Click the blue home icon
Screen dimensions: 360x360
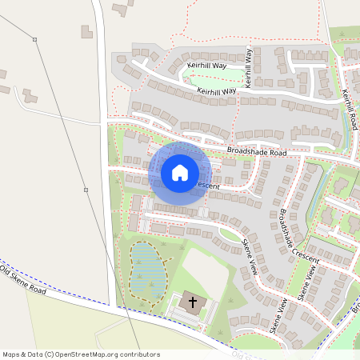(180, 173)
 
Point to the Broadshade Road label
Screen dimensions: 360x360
(256, 151)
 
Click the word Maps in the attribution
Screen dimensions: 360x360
(11, 354)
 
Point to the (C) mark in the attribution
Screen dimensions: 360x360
(50, 354)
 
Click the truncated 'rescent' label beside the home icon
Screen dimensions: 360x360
(206, 186)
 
